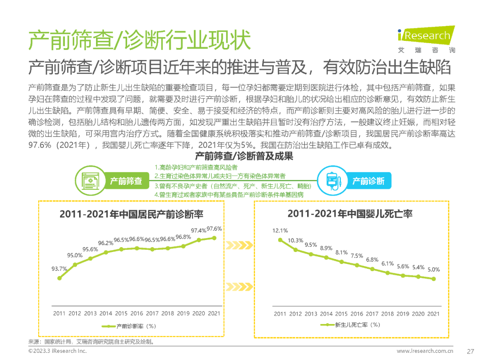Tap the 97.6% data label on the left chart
(x=214, y=228)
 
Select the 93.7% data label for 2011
(x=59, y=269)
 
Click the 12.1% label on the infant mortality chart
(x=280, y=231)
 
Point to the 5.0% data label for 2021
(x=433, y=269)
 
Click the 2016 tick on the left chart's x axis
(x=137, y=313)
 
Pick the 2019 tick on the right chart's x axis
(x=403, y=314)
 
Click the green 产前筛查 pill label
(x=126, y=181)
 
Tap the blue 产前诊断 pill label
(x=368, y=181)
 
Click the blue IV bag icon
(x=332, y=181)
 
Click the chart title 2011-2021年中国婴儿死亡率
(x=350, y=214)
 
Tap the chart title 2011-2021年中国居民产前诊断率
(x=132, y=214)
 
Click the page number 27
(x=471, y=351)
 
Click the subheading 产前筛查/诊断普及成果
(x=244, y=156)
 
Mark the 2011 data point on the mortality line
(x=280, y=240)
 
